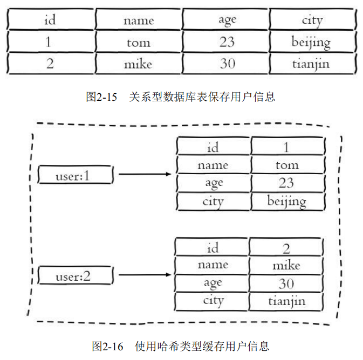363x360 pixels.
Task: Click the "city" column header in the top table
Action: [x=312, y=20]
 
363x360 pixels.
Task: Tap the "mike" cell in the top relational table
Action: [x=138, y=64]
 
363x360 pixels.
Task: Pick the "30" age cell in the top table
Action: [x=227, y=64]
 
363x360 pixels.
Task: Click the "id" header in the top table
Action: [x=50, y=20]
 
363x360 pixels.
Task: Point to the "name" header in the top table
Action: [x=138, y=20]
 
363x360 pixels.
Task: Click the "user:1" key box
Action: [x=76, y=175]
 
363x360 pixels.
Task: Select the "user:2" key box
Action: [x=76, y=276]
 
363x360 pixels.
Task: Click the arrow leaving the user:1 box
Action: [x=145, y=175]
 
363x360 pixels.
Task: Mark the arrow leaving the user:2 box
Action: [x=145, y=275]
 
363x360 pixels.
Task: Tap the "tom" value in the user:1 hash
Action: [x=287, y=165]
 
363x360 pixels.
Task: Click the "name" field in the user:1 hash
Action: [x=213, y=165]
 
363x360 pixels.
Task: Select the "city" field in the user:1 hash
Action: [x=213, y=201]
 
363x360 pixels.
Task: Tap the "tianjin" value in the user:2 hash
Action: [x=286, y=301]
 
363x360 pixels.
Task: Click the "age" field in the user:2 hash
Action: [x=213, y=283]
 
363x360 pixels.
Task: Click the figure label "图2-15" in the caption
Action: [x=102, y=97]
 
